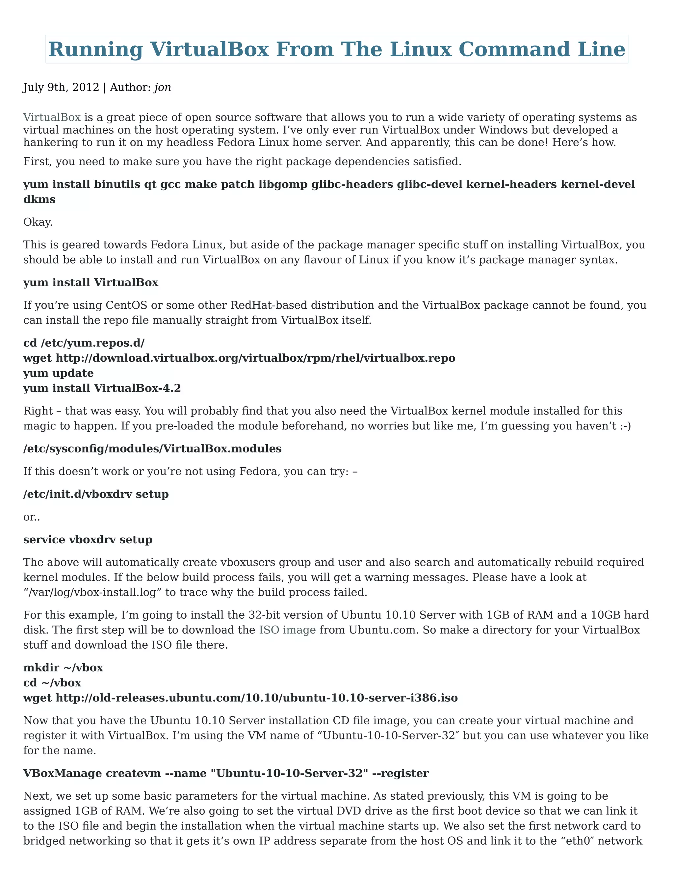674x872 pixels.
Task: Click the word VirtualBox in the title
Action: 209,49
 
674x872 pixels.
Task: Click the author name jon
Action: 163,88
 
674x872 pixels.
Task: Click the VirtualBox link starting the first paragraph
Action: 52,117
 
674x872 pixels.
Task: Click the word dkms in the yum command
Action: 39,199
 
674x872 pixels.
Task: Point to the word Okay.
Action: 38,222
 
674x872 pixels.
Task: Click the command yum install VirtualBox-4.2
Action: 102,388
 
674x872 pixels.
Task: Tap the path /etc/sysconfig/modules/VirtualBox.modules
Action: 152,449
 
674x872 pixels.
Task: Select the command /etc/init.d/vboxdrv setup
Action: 96,494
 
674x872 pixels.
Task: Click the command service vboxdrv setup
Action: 88,539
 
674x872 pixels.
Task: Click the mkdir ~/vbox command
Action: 63,668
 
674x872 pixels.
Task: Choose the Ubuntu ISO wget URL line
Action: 240,698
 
